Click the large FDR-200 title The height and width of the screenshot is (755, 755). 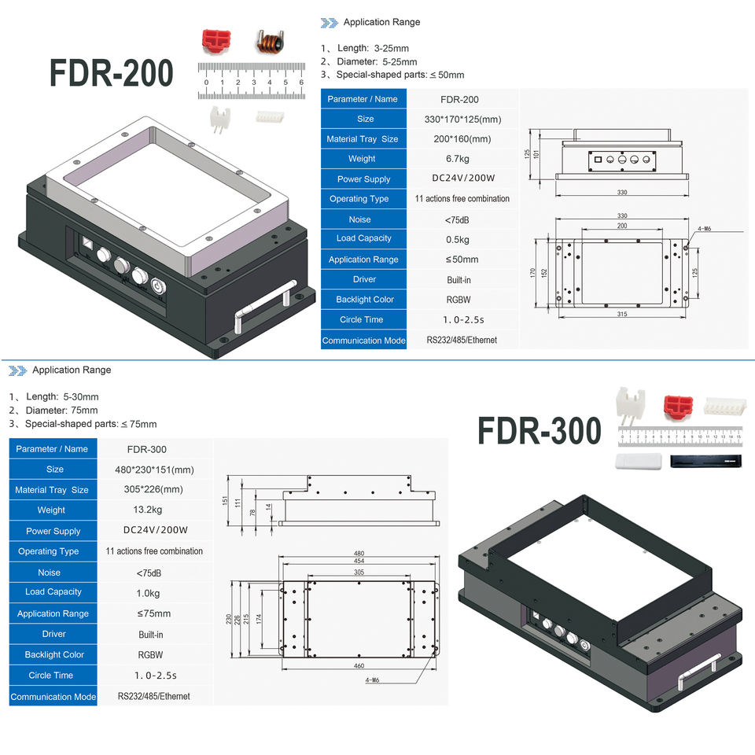click(x=111, y=73)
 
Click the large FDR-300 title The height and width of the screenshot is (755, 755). click(x=540, y=430)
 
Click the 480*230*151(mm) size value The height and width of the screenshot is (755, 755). click(x=154, y=470)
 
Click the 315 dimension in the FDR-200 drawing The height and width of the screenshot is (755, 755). click(x=621, y=315)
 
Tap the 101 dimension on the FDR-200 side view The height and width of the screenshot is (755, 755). click(x=536, y=154)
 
